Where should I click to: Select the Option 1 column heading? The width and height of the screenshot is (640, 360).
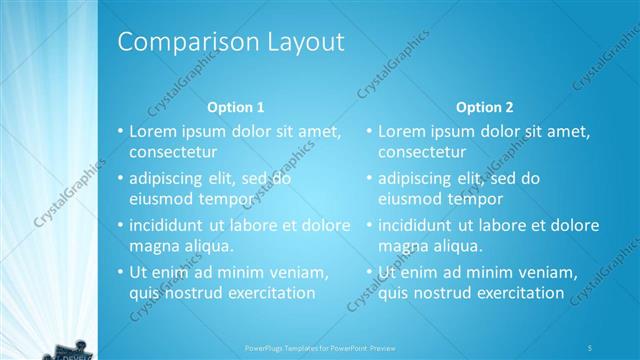(235, 106)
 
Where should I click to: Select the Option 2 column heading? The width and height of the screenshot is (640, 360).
(485, 106)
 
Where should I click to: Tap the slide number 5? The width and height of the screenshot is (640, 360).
(591, 348)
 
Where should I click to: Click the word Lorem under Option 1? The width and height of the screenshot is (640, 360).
(154, 131)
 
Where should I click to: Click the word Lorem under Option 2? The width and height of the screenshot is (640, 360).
(403, 131)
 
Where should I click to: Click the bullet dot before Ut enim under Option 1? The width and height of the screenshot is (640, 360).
(119, 272)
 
